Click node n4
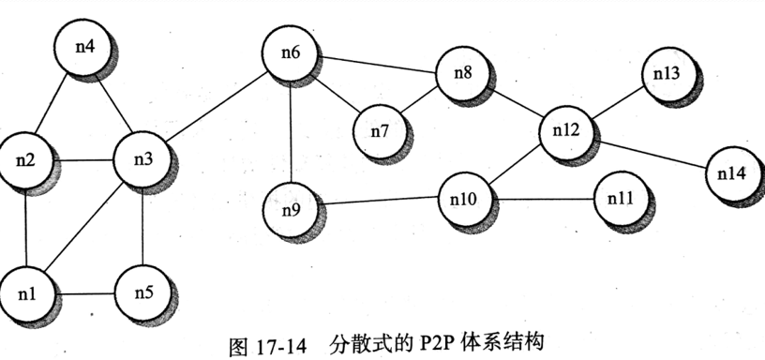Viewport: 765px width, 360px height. tap(84, 43)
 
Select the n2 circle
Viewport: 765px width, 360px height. tap(26, 160)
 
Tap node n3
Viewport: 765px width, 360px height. tap(142, 158)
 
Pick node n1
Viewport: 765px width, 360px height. tap(27, 292)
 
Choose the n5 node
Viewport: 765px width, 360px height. tap(142, 292)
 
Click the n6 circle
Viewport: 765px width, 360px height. tap(291, 53)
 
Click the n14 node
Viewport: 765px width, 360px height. tap(732, 173)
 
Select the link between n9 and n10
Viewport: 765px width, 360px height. tap(379, 199)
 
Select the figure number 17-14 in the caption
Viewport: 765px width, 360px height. tap(282, 345)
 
